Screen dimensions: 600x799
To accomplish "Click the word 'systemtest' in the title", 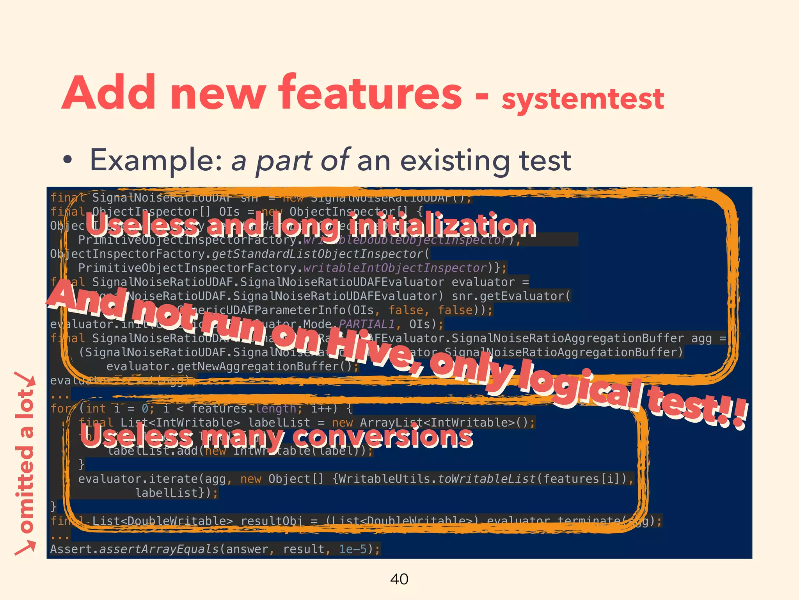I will click(582, 98).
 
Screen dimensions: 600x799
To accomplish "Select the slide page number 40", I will click(399, 579).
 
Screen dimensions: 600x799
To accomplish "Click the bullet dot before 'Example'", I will click(68, 160).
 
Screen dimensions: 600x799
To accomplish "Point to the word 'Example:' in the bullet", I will click(156, 160).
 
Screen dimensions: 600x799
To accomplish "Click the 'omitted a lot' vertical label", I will click(25, 461).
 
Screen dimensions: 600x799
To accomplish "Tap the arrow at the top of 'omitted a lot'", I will click(25, 381).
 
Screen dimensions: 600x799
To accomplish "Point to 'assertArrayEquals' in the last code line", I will click(159, 549).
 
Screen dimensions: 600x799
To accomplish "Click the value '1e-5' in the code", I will click(353, 549).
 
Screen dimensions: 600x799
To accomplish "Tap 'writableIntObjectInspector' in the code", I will click(394, 268).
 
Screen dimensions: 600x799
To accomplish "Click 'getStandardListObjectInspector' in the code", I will click(318, 254).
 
